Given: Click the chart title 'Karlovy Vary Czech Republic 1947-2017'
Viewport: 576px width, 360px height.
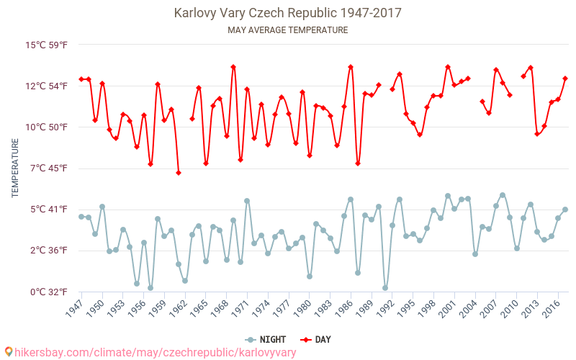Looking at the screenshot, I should pos(287,13).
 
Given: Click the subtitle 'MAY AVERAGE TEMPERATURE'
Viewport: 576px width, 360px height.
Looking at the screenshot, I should pos(287,30).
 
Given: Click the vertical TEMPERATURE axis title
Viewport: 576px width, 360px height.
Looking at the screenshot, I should pos(15,168).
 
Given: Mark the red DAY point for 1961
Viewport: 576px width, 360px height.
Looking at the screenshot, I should pos(178,173).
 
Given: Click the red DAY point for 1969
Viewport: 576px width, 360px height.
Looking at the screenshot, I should pos(233,67).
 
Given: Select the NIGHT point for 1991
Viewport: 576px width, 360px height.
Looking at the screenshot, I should pos(385,288).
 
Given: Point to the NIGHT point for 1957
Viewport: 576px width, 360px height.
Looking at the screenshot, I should pos(150,288).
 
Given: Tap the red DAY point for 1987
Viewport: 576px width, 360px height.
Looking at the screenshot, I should pos(358,163).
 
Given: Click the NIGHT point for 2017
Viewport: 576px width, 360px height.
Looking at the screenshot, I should pos(565,210).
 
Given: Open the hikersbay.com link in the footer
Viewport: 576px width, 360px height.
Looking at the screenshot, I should pos(155,352).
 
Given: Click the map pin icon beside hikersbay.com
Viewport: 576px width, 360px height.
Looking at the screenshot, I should pos(8,351).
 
